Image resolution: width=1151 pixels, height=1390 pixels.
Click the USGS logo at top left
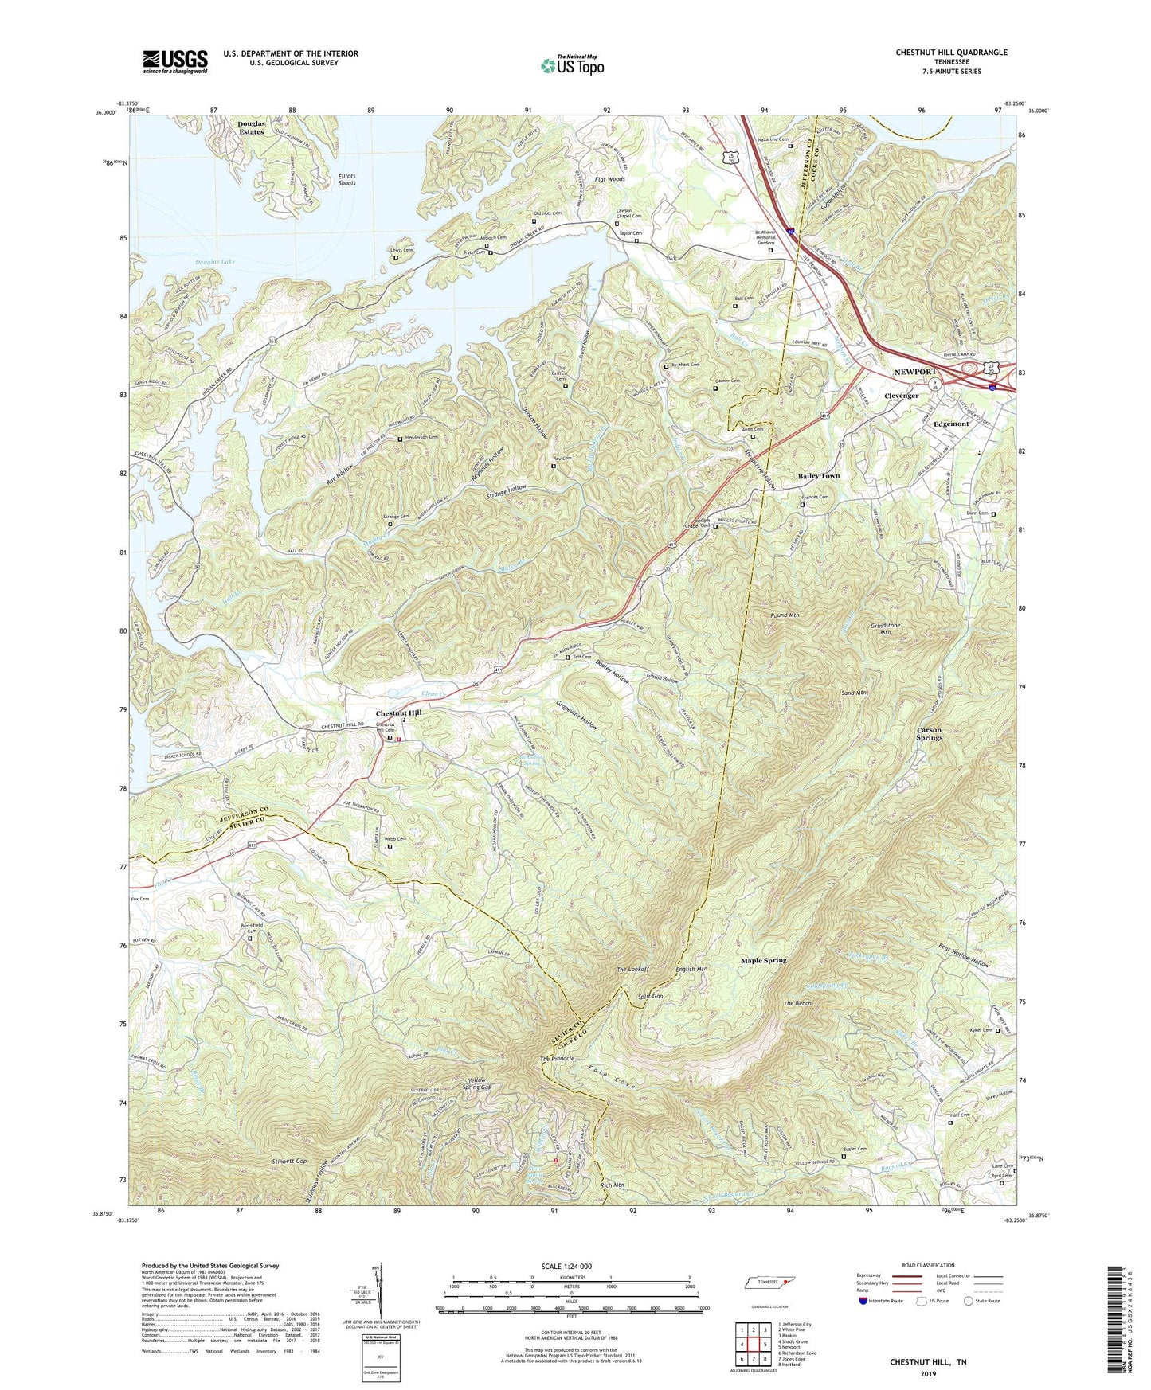coord(175,61)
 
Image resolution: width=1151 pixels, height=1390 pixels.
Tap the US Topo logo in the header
coord(571,64)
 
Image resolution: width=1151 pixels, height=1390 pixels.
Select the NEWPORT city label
coord(916,373)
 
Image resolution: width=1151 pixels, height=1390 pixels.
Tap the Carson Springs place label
coord(929,733)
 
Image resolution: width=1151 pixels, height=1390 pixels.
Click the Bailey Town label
coord(819,476)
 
